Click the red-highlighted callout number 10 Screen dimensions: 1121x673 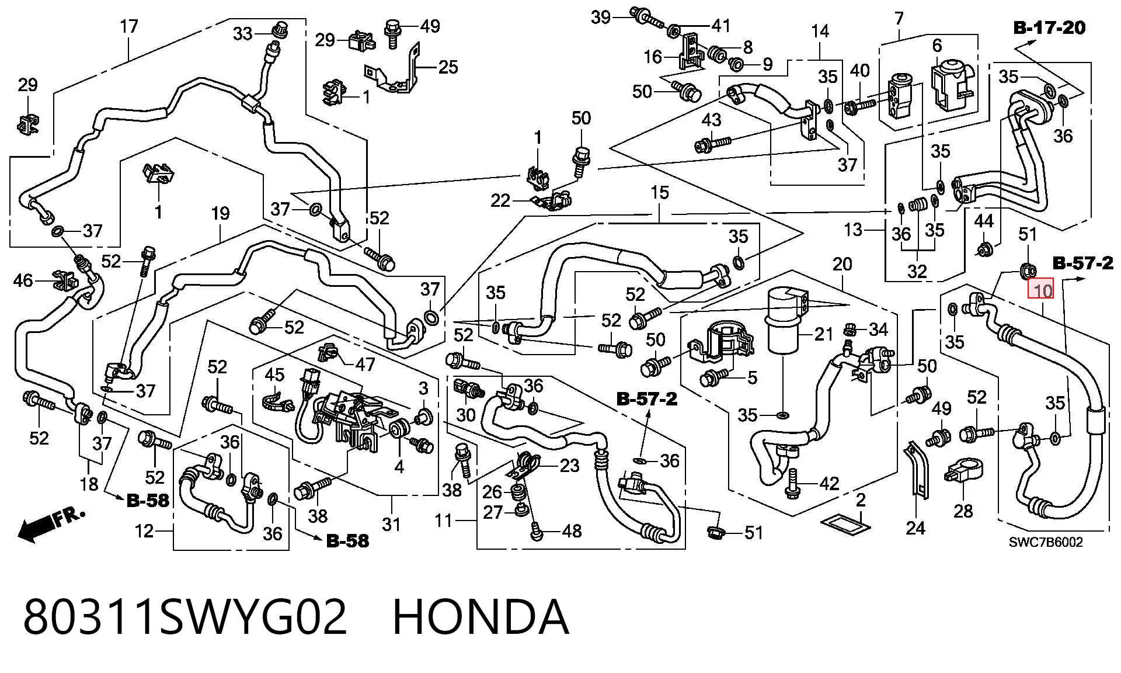[1043, 290]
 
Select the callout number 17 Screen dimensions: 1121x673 [128, 27]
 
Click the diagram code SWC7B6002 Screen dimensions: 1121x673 [1046, 543]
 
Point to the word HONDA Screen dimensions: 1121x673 [481, 617]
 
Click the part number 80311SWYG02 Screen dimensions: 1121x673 [185, 617]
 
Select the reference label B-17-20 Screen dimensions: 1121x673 [1049, 27]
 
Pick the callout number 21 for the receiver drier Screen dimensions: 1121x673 [823, 334]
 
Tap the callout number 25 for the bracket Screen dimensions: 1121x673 [448, 67]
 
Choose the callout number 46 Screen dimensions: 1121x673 [23, 281]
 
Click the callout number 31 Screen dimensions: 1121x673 [391, 524]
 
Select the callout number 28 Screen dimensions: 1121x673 [963, 511]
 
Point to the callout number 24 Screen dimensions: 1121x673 [915, 528]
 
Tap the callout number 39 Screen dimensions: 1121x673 [600, 18]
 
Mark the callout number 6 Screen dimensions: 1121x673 [937, 45]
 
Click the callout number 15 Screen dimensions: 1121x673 [659, 193]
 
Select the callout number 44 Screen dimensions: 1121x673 [984, 221]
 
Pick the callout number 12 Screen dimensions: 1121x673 [144, 531]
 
